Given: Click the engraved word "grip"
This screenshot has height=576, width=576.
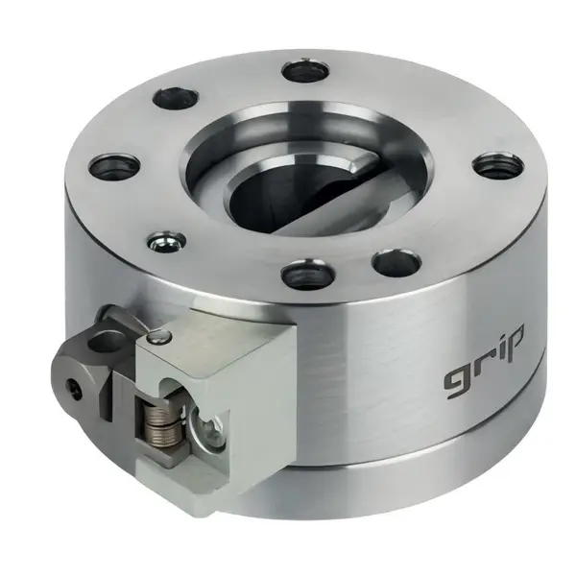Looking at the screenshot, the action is coord(484,362).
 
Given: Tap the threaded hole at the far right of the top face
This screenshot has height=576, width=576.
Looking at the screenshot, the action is coord(496,166).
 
